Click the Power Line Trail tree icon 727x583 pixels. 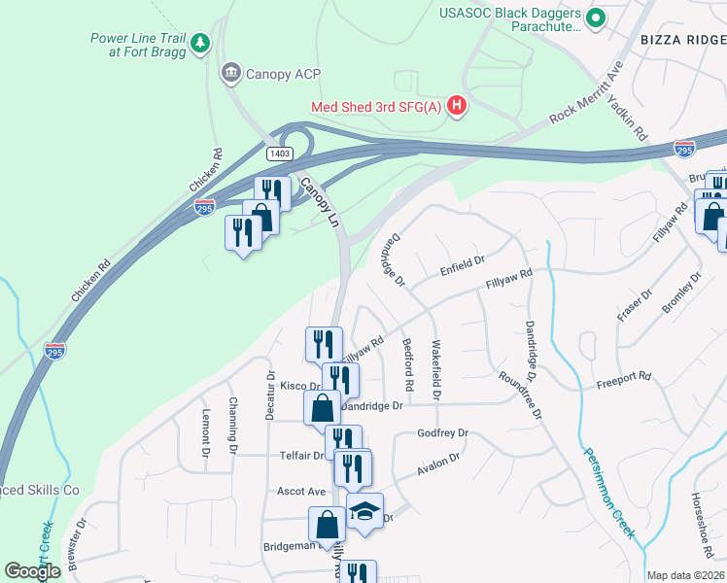(200, 43)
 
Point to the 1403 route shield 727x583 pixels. (280, 154)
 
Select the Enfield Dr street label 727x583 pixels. (462, 262)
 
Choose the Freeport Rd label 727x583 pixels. (623, 376)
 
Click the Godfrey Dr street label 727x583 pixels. (442, 433)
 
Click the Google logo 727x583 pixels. (32, 571)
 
